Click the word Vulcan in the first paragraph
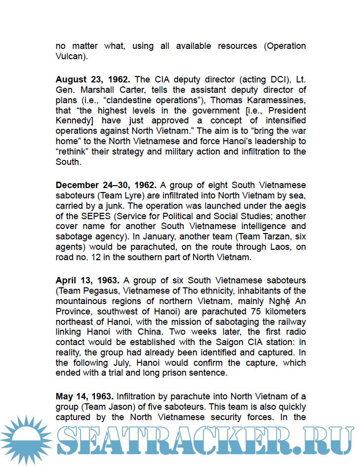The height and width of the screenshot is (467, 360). click(x=70, y=57)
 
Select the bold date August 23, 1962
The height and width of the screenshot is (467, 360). click(x=93, y=79)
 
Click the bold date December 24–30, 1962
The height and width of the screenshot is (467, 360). click(x=106, y=185)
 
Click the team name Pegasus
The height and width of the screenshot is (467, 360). click(x=100, y=291)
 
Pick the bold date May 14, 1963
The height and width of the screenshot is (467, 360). click(x=84, y=396)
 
